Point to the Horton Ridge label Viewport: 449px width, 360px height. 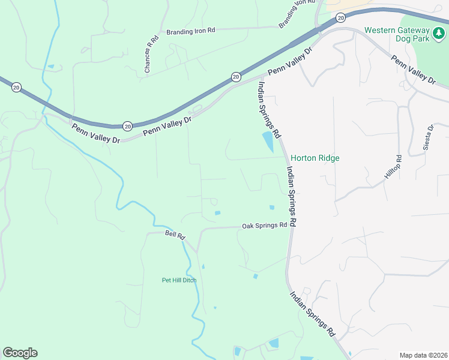coord(315,158)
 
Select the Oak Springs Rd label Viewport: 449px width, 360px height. coord(264,226)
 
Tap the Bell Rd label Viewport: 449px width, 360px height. coord(175,235)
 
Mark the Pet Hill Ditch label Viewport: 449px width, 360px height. coord(179,280)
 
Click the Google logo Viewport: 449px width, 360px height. coord(20,353)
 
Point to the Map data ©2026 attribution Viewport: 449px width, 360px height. coord(423,355)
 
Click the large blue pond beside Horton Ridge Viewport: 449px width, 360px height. coord(267,142)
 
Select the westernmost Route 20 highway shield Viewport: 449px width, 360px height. coord(16,87)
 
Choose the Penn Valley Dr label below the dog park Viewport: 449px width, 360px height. coord(413,70)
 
